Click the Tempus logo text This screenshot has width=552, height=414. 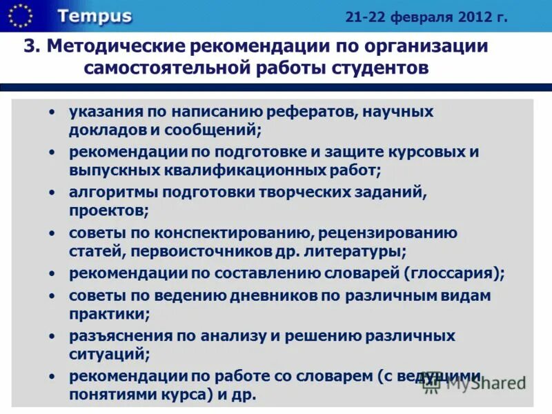(x=95, y=17)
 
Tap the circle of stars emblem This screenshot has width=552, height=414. (x=21, y=15)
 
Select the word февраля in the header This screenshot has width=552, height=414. (x=419, y=17)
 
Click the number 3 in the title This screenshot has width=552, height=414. (x=29, y=47)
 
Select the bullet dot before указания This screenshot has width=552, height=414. (x=53, y=112)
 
